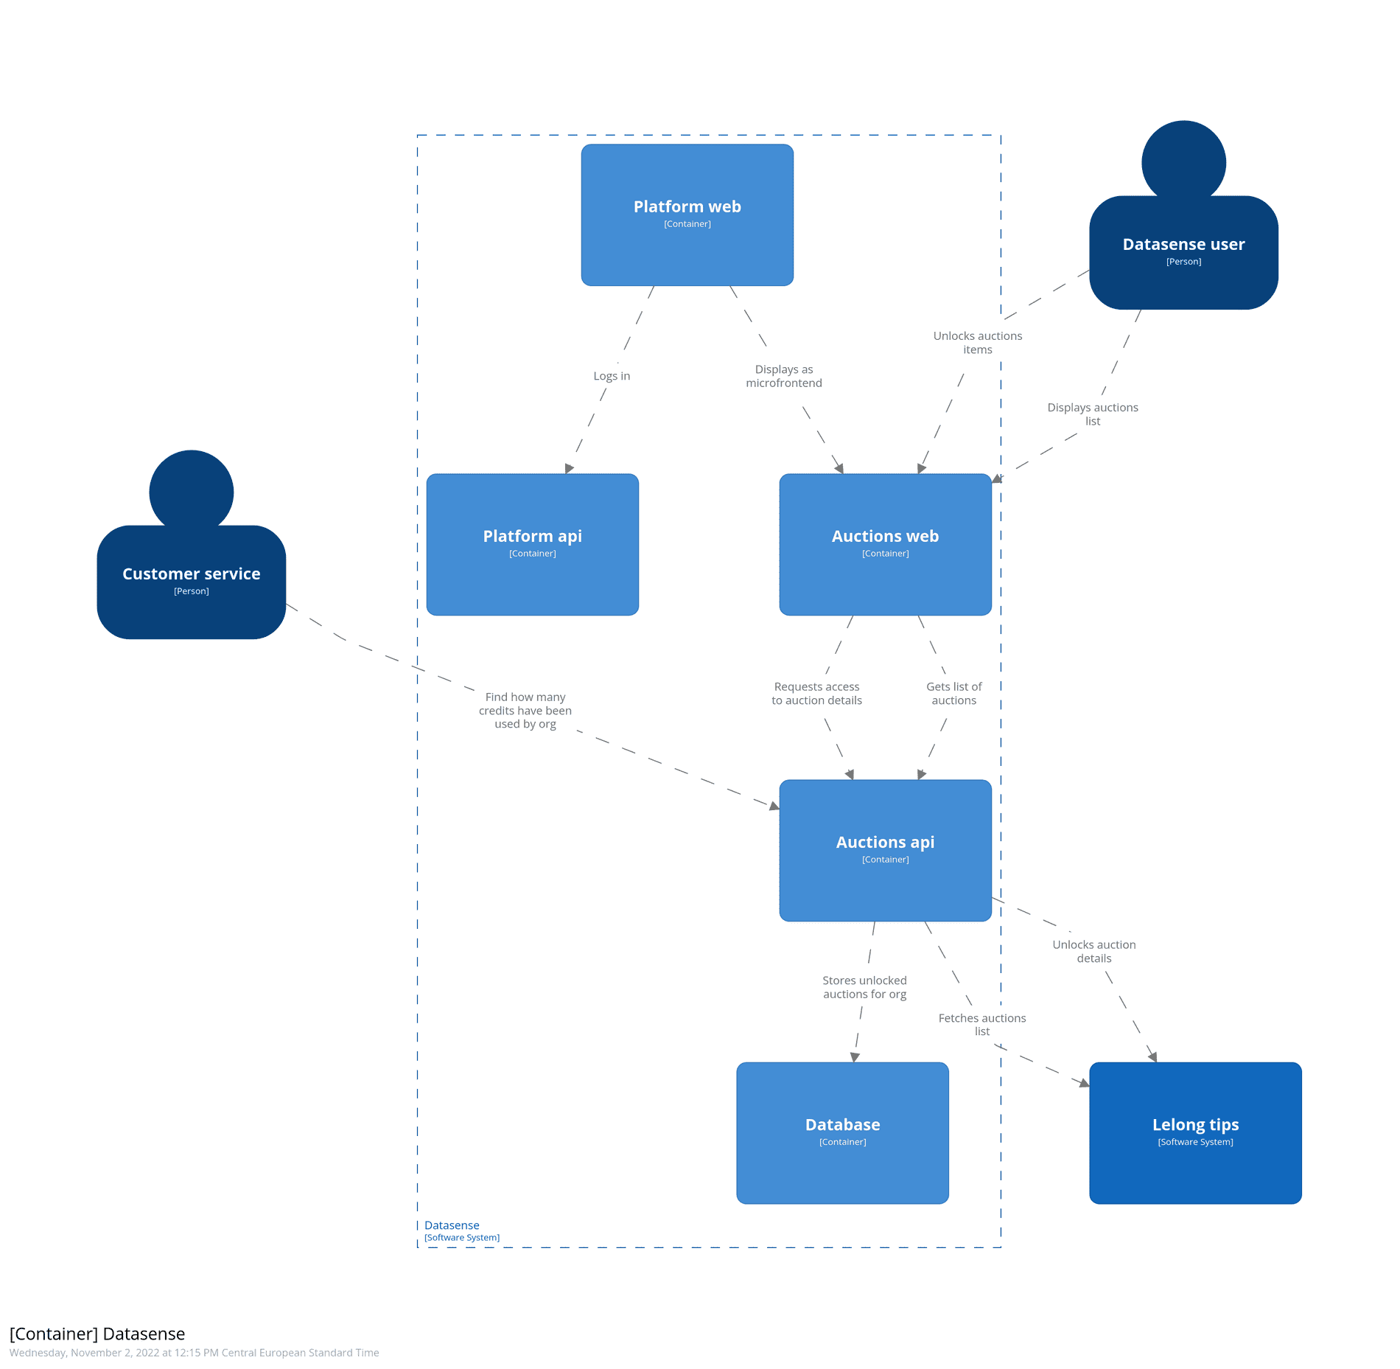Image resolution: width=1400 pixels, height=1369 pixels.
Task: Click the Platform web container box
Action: click(x=687, y=215)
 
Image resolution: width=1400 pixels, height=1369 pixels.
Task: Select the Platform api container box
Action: click(x=532, y=544)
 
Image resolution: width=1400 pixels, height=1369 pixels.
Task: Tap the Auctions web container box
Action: click(x=885, y=544)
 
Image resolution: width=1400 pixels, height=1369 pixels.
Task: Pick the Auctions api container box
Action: click(x=885, y=850)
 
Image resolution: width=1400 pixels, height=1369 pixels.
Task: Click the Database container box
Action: click(x=842, y=1132)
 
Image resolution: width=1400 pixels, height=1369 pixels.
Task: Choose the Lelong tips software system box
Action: click(x=1194, y=1132)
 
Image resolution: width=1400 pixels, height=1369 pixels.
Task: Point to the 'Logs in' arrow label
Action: click(x=612, y=376)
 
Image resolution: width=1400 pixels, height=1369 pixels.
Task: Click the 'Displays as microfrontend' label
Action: click(x=783, y=376)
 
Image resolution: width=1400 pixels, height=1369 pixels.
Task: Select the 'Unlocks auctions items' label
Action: click(x=977, y=343)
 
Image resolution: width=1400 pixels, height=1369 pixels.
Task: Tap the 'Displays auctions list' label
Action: click(x=1092, y=414)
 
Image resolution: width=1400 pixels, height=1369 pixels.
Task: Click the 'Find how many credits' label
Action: click(x=525, y=711)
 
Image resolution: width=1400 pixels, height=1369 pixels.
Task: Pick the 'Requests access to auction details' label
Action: click(x=816, y=694)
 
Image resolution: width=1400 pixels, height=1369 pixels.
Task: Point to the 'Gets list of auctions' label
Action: click(x=953, y=694)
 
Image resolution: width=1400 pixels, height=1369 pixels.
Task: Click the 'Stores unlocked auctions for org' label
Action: click(x=864, y=987)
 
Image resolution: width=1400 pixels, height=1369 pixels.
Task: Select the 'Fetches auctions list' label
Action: click(x=981, y=1025)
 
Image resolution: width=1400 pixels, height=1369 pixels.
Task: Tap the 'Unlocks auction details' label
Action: click(x=1093, y=952)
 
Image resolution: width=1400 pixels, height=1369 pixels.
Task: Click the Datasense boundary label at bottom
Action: click(x=452, y=1225)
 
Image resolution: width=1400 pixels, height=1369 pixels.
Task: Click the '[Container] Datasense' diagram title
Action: click(x=97, y=1334)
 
